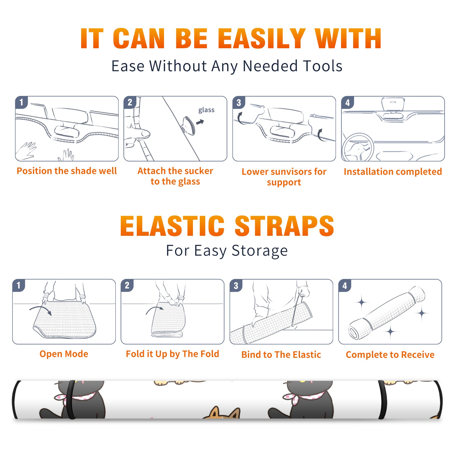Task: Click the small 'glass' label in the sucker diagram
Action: tap(206, 110)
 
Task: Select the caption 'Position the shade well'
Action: tap(67, 171)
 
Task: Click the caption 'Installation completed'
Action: tap(393, 172)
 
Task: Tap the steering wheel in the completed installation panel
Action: tap(358, 148)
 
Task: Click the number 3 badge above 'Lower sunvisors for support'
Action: tap(239, 102)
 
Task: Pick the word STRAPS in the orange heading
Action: tap(284, 226)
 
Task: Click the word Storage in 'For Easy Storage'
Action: tap(260, 251)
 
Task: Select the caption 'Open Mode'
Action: tap(64, 354)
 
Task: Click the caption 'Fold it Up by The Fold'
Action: tap(173, 354)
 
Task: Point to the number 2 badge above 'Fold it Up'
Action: tap(127, 285)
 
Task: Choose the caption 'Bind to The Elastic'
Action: tap(281, 355)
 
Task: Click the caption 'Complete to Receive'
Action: tap(390, 355)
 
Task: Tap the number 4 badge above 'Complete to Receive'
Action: tap(345, 285)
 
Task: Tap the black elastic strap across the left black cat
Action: tap(70, 400)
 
